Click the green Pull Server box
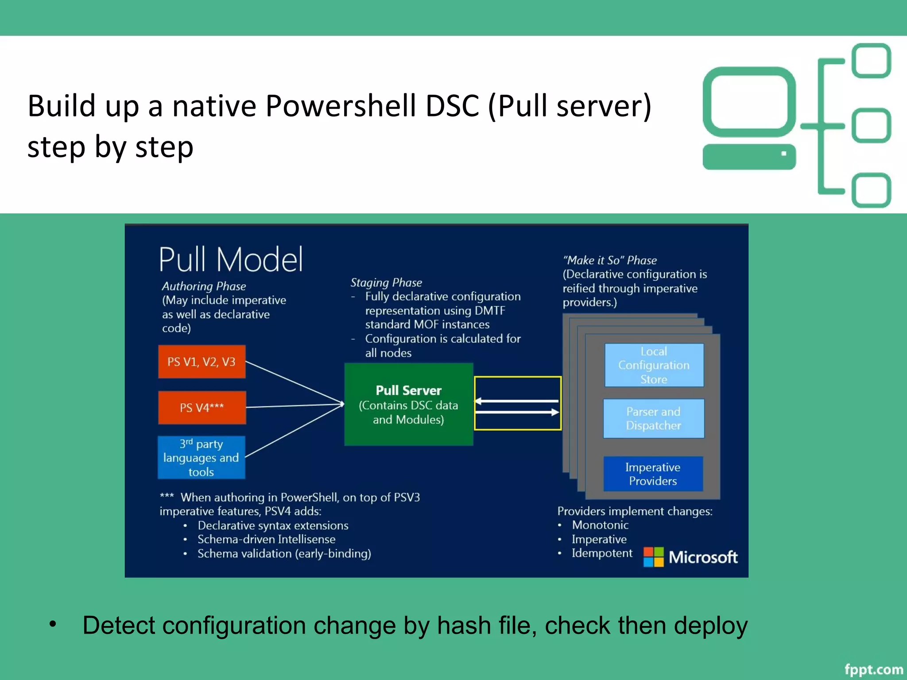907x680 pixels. click(x=408, y=404)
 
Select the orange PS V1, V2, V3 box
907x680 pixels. click(x=202, y=362)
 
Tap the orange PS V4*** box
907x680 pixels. click(x=202, y=407)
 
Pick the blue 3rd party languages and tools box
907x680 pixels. click(x=201, y=458)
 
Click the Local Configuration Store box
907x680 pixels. click(x=654, y=365)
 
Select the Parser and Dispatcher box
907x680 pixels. click(x=653, y=418)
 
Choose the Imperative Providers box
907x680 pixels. click(x=653, y=474)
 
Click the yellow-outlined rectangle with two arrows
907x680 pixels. click(x=517, y=403)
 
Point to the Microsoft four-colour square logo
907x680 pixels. click(x=653, y=557)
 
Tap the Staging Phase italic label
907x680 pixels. click(x=386, y=282)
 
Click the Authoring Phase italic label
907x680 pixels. click(x=204, y=286)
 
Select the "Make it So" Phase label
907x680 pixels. click(x=609, y=260)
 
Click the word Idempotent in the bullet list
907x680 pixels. click(x=602, y=553)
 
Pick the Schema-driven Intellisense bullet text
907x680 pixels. click(x=266, y=539)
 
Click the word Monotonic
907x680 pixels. click(x=600, y=525)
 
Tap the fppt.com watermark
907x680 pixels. click(x=873, y=669)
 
